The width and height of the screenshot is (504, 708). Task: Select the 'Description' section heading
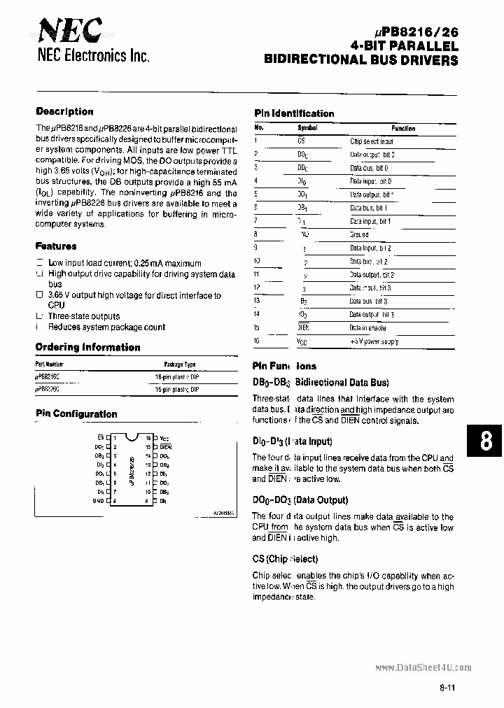64,111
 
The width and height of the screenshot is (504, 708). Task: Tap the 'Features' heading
56,246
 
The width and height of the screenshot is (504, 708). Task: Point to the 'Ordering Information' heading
87,347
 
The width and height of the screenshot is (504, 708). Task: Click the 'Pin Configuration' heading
76,413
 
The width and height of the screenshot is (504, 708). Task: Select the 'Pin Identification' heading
294,113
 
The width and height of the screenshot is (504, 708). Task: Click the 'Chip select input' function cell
372,141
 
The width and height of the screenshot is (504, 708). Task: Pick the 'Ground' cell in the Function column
359,235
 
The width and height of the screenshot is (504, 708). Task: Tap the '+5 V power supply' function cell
374,341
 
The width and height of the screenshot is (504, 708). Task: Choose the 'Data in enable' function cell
367,328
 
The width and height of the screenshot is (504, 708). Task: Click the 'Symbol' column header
307,128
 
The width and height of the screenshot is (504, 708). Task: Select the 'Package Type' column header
179,364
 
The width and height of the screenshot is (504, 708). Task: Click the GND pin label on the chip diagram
99,501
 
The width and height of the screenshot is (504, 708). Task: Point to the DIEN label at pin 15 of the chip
166,446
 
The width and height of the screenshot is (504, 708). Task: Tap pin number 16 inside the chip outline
148,437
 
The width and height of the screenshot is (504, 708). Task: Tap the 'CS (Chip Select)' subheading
285,559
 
